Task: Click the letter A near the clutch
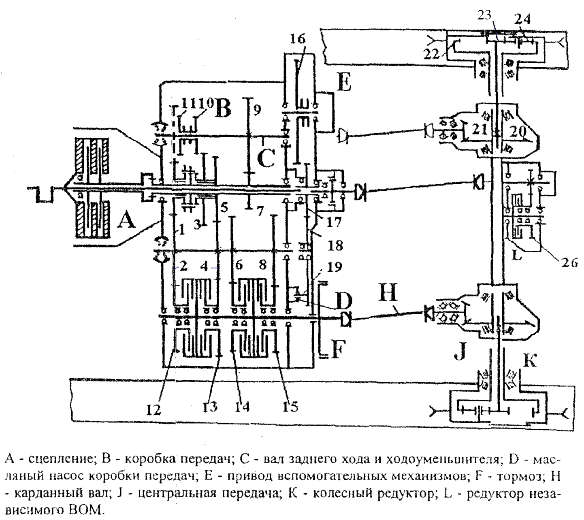point(126,221)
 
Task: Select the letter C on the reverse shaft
point(266,158)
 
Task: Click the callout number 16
point(298,39)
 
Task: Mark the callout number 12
point(154,409)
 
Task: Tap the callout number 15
point(290,406)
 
